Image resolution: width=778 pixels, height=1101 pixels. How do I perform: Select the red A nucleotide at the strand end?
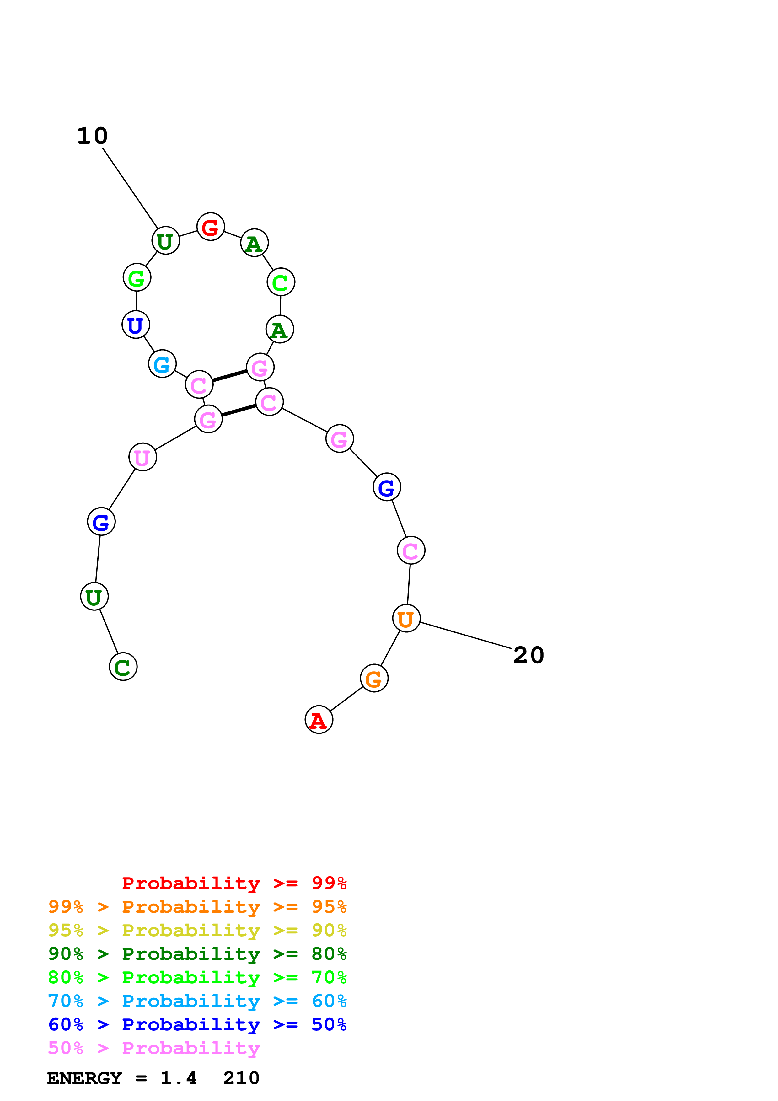click(x=319, y=720)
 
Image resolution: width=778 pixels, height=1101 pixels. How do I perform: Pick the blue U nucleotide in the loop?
click(x=136, y=325)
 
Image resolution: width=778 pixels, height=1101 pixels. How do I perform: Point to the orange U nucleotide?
click(x=406, y=619)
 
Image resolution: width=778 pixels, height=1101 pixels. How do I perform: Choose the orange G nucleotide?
click(x=374, y=678)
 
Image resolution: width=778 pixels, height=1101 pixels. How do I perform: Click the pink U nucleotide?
click(x=142, y=457)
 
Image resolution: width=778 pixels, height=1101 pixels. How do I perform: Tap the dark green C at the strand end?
click(x=123, y=667)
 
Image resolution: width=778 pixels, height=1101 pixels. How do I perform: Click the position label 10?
click(x=93, y=136)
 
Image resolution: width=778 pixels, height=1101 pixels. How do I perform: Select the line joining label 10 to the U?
click(x=130, y=189)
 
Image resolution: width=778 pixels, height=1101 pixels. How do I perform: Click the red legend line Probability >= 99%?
click(x=234, y=883)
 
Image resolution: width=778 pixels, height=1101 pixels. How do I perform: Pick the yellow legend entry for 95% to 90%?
click(x=197, y=930)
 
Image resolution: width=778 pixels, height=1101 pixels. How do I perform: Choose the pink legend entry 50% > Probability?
click(x=154, y=1048)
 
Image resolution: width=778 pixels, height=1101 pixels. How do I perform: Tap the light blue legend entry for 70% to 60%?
click(x=197, y=1001)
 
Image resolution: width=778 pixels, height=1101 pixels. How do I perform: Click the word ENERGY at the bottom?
click(x=84, y=1078)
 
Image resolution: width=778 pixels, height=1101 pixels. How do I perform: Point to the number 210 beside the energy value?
click(x=241, y=1078)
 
